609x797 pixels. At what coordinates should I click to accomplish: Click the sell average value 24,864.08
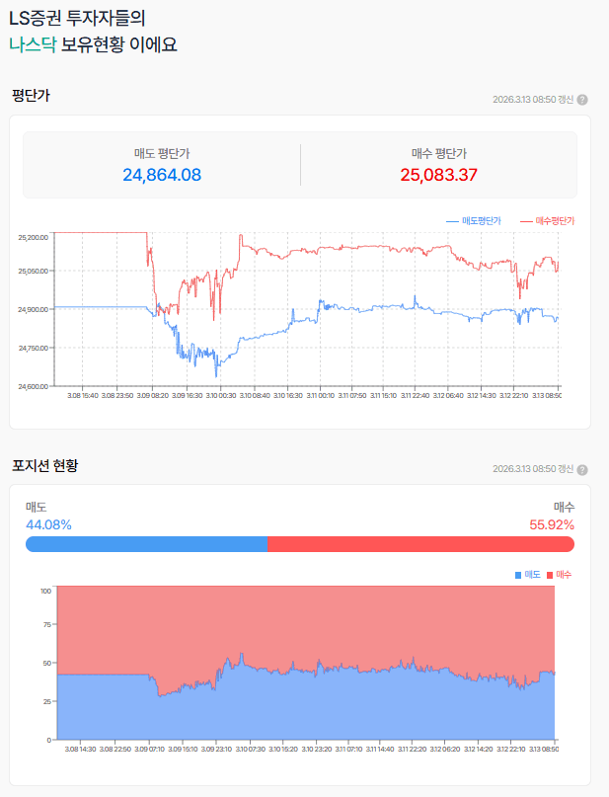coord(162,175)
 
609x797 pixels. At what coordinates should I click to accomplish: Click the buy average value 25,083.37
coord(438,175)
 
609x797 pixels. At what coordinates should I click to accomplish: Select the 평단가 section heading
coord(31,96)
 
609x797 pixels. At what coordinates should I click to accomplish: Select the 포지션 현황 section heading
coord(44,465)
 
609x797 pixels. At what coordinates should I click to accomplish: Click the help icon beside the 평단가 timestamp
coord(582,100)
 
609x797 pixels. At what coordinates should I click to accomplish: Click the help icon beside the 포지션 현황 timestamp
coord(582,469)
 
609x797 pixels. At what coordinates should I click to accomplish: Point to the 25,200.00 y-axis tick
coord(34,238)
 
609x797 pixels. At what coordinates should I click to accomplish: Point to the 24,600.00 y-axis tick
coord(34,386)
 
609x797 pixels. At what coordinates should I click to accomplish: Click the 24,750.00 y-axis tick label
coord(34,348)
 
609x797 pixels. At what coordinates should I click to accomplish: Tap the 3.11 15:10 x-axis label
coord(382,395)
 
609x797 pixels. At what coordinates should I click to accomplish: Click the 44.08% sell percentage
coord(48,524)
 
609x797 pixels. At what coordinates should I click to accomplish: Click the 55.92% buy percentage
coord(552,524)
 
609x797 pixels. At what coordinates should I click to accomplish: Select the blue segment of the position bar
coord(146,544)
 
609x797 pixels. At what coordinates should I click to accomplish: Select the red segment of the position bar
coord(420,544)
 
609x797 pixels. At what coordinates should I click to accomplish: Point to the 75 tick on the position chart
coord(45,625)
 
